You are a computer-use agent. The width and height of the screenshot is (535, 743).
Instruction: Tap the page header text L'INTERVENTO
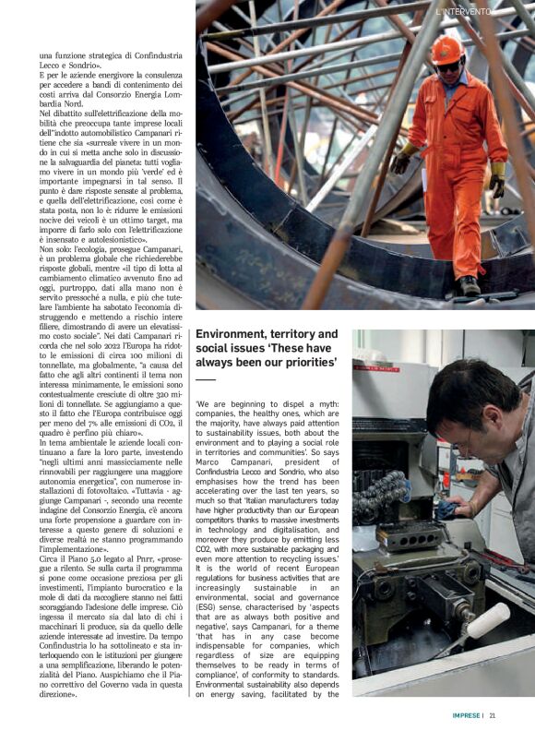click(x=464, y=11)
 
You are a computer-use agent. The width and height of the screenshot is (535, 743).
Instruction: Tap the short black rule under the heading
click(x=205, y=379)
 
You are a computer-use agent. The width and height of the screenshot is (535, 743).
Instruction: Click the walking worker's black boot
click(x=470, y=285)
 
